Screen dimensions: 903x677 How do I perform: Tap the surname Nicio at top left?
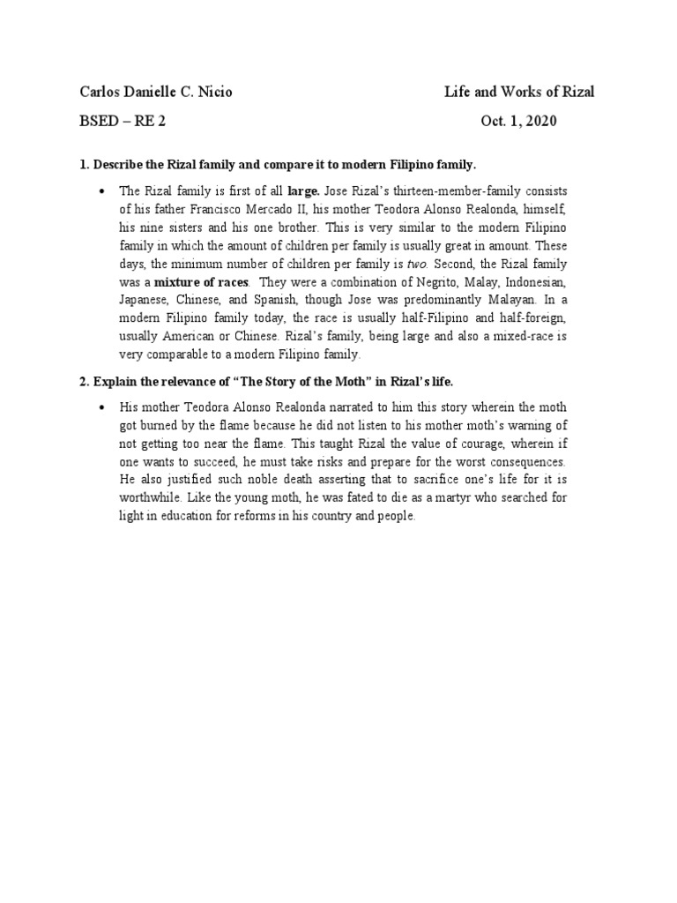click(x=214, y=92)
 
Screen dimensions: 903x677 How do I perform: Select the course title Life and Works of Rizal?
click(x=519, y=92)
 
